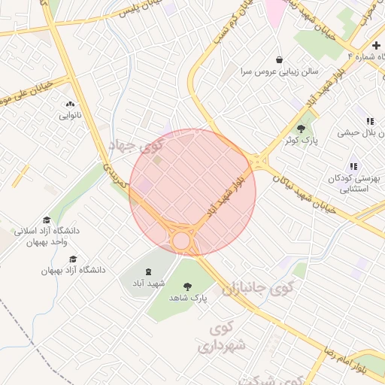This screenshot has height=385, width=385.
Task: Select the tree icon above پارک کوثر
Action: [302, 129]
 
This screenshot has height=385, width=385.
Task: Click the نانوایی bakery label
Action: [70, 117]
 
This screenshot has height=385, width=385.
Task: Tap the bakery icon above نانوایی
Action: [70, 105]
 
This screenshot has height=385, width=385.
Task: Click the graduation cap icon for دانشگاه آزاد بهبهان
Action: [73, 258]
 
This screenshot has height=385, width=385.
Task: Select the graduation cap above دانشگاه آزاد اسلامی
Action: [47, 220]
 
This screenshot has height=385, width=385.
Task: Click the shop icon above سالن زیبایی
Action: [280, 59]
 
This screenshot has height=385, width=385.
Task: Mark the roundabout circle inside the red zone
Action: [181, 241]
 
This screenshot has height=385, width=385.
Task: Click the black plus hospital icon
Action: [376, 46]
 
